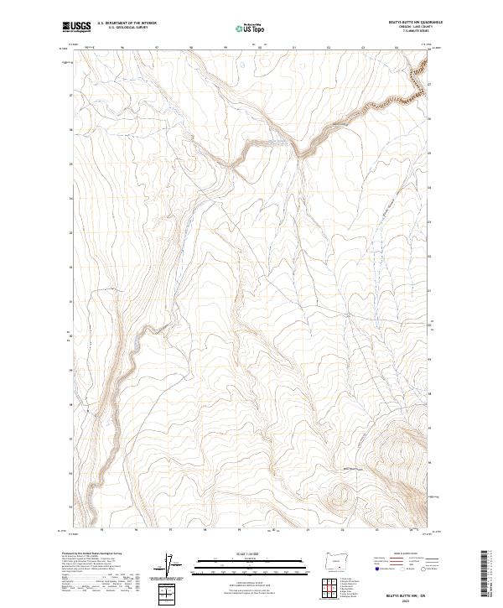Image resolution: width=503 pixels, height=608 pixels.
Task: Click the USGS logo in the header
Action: [76, 27]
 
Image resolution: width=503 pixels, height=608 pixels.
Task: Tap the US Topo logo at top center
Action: [251, 27]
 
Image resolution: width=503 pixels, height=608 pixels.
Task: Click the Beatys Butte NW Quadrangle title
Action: [409, 20]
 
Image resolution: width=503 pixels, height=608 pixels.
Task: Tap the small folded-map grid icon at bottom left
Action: [169, 595]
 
